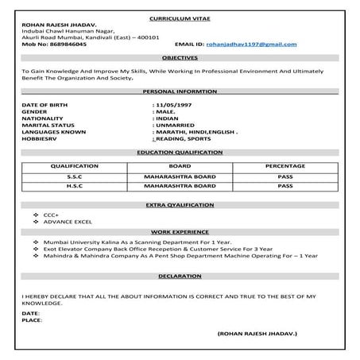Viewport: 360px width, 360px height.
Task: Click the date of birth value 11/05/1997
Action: [x=176, y=105]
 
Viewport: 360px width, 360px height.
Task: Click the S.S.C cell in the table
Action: [x=75, y=176]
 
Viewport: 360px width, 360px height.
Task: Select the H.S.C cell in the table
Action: [x=75, y=186]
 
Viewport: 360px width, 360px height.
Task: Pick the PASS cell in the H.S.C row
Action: [x=285, y=186]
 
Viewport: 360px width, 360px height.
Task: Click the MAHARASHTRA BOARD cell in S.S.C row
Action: [x=180, y=176]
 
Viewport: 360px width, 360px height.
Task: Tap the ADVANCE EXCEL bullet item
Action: [x=67, y=221]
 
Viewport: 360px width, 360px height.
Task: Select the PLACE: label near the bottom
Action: [x=31, y=321]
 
